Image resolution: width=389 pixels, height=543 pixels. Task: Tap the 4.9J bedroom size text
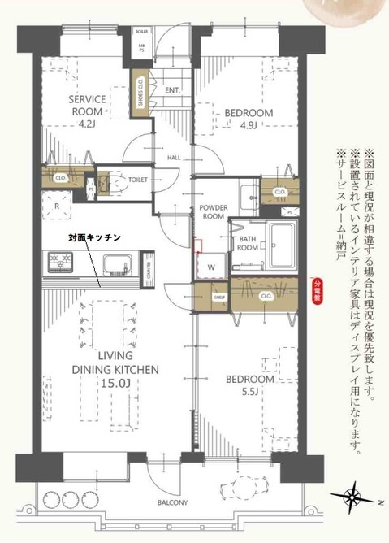tap(248, 124)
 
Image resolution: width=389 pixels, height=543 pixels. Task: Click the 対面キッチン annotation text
tap(94, 237)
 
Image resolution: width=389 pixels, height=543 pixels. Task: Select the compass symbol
tap(355, 496)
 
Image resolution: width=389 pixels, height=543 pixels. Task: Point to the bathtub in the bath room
tap(285, 243)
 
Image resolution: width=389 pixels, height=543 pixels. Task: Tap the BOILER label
tap(142, 35)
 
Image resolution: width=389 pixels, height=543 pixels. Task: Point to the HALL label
tap(174, 158)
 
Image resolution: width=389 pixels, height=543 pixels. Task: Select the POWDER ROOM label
tap(213, 213)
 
